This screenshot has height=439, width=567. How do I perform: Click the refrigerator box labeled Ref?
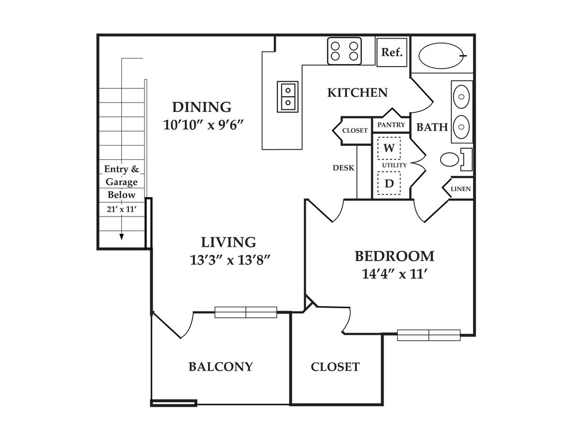click(392, 52)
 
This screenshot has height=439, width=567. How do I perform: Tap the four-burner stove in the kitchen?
click(344, 51)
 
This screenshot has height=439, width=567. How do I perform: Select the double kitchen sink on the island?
click(288, 97)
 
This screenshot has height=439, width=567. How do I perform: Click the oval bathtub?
click(442, 56)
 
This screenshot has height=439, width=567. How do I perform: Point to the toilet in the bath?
click(456, 159)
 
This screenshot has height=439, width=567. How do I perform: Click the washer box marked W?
click(389, 148)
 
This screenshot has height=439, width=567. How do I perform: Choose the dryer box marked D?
click(389, 183)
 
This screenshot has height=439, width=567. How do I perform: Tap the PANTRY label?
click(391, 125)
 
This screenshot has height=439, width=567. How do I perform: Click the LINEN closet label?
click(461, 189)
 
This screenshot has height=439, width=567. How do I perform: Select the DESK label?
click(344, 168)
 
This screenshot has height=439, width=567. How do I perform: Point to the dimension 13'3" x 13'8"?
click(231, 260)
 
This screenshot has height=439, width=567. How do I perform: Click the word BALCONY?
click(221, 367)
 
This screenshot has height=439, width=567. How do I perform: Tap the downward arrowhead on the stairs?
click(122, 237)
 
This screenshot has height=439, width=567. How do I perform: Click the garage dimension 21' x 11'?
click(122, 209)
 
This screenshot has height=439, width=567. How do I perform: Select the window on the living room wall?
click(246, 312)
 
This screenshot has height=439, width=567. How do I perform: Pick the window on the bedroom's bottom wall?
click(429, 335)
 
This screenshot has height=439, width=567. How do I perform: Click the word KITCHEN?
click(357, 93)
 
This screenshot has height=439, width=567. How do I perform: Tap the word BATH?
click(432, 127)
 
